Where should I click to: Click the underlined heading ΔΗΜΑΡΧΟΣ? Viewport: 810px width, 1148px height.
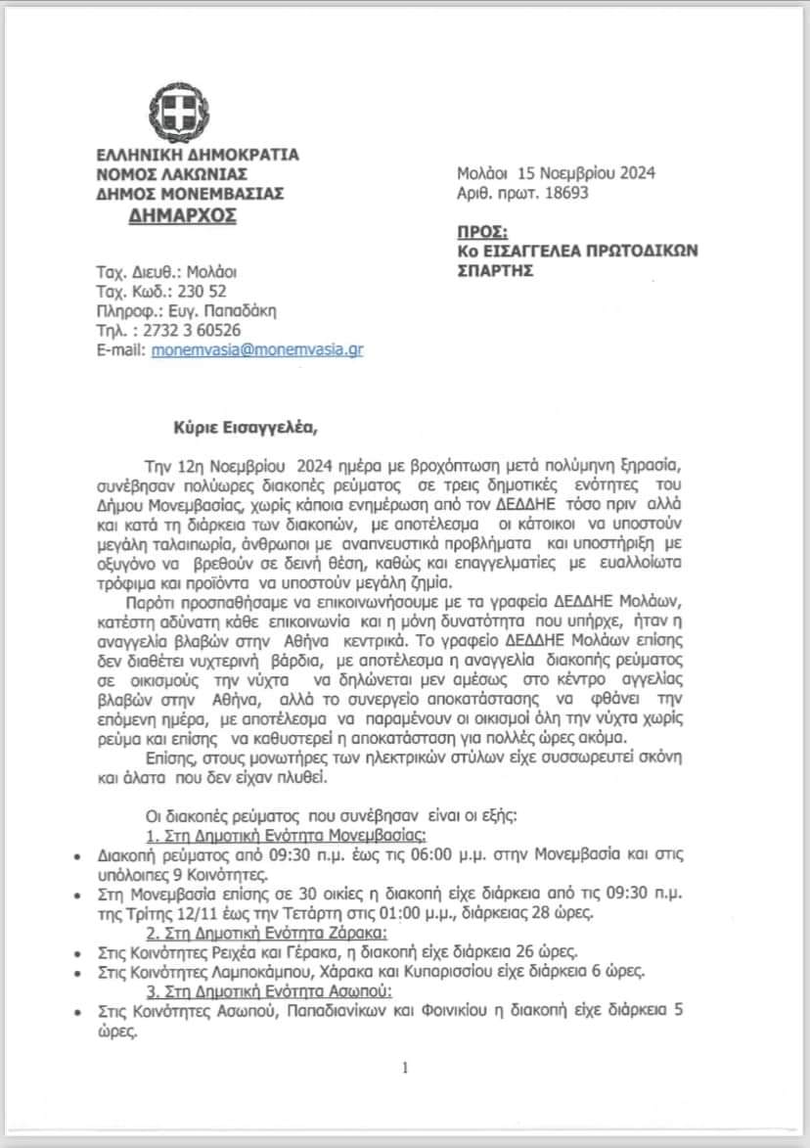pos(182,215)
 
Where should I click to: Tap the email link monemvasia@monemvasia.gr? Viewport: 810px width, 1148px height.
pos(256,349)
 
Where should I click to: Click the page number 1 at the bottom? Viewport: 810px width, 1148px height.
pos(404,1068)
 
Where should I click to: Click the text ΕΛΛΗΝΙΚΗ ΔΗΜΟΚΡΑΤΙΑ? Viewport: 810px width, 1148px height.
pos(198,155)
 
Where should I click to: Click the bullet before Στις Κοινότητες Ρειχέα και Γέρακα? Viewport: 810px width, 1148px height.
pos(77,951)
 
